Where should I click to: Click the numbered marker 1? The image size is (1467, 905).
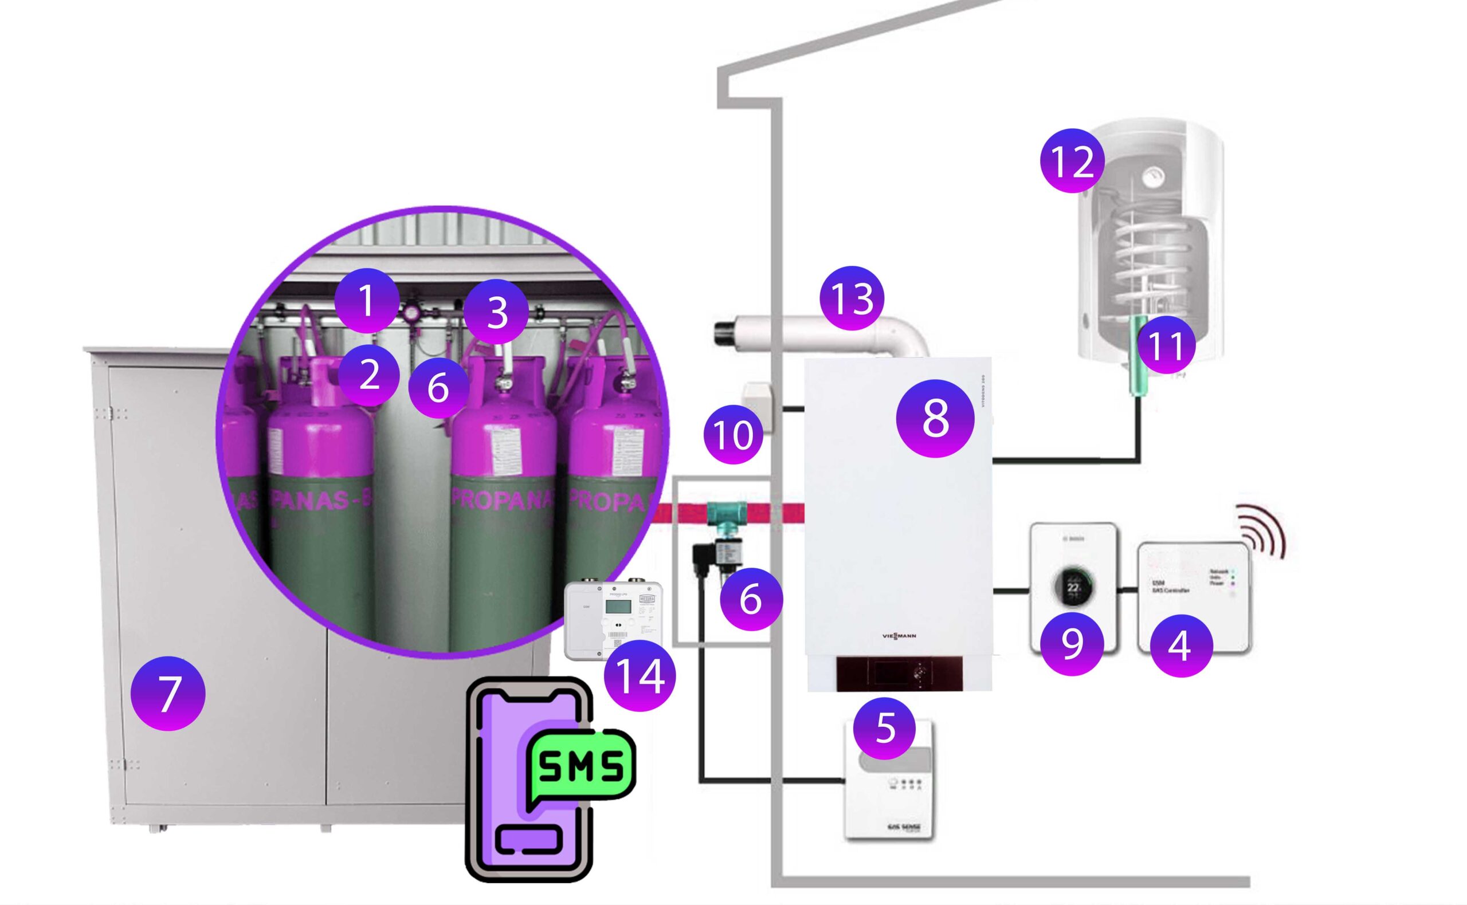click(366, 301)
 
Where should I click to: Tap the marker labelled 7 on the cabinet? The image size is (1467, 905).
click(168, 693)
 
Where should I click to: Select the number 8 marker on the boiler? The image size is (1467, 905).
click(935, 418)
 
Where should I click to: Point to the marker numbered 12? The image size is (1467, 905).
click(1072, 160)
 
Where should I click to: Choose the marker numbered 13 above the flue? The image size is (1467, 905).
click(852, 298)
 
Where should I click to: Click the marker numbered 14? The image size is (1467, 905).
click(640, 675)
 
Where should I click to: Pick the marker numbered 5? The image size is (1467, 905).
click(884, 729)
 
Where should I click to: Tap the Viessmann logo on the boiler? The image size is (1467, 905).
click(899, 636)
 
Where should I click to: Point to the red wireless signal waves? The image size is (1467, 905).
click(1261, 530)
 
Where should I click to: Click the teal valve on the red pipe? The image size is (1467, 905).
click(726, 514)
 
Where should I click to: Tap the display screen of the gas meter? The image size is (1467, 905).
click(618, 606)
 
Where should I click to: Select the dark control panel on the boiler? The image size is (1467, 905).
click(898, 674)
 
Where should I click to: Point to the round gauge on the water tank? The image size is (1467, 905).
click(1150, 176)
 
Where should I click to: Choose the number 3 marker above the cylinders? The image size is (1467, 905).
click(496, 312)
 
